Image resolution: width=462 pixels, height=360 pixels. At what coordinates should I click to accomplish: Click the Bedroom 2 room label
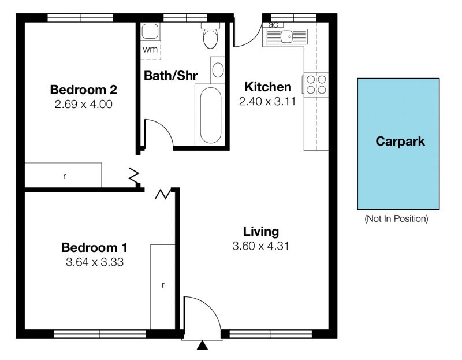84,90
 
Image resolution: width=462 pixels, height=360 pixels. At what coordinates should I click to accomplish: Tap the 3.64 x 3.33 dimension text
95,262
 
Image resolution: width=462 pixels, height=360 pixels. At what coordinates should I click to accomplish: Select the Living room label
261,232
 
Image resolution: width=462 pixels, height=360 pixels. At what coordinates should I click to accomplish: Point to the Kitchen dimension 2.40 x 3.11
267,102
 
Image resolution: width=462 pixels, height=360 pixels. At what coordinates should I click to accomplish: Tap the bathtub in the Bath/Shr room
211,115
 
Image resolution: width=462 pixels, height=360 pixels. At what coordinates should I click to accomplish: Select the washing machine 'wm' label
150,49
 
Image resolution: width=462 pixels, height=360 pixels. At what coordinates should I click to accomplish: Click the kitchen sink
286,37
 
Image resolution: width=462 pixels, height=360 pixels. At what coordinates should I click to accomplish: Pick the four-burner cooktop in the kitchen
316,84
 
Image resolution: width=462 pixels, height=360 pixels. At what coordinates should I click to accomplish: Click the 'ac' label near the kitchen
273,25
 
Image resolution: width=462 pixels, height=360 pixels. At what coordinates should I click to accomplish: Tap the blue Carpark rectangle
398,143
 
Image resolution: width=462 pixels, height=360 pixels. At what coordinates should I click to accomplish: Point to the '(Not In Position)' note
396,219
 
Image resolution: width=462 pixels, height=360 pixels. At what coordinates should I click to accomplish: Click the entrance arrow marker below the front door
202,345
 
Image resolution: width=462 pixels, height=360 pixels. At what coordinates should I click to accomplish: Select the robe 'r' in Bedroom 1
163,285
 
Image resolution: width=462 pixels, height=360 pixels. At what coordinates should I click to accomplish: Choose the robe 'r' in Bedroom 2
65,176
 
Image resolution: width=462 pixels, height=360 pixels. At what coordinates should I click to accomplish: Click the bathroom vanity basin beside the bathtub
218,70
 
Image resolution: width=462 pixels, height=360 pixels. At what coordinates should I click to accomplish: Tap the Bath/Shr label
170,76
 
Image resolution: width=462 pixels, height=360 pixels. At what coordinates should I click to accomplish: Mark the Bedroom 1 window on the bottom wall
100,334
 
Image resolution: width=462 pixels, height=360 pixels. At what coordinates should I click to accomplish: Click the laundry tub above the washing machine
150,31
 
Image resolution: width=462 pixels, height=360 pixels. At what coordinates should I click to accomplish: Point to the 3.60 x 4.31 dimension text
261,246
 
